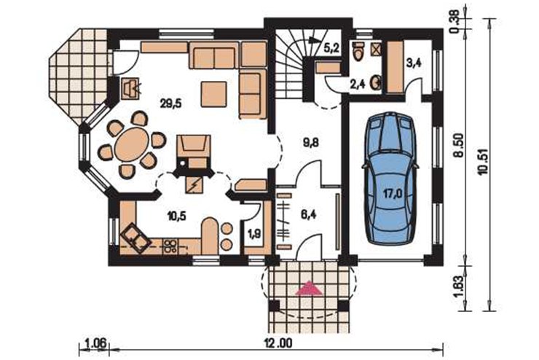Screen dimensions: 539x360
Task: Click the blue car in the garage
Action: (390, 179)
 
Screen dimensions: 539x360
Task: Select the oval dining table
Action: (132, 144)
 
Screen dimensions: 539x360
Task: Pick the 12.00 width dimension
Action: (278, 343)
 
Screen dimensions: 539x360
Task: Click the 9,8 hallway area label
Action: (311, 142)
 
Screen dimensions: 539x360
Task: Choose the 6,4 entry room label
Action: (309, 215)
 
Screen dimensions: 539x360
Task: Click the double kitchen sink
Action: (135, 238)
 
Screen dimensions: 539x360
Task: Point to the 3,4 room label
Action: (414, 64)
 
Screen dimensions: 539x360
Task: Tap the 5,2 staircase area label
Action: (331, 48)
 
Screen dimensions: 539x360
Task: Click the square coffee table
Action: (214, 94)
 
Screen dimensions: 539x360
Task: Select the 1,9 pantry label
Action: (254, 235)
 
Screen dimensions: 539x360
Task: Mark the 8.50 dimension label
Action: (460, 146)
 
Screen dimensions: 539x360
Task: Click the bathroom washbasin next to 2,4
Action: (376, 82)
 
